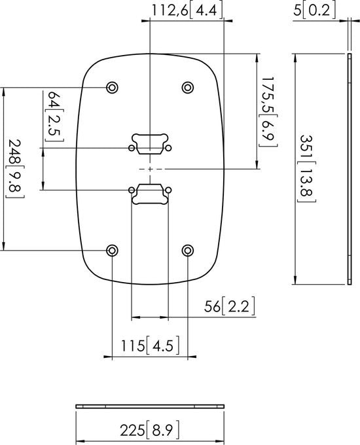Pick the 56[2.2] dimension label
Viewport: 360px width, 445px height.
tap(229, 306)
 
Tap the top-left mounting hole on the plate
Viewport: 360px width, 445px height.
tap(113, 87)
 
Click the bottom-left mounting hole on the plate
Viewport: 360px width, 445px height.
tap(113, 251)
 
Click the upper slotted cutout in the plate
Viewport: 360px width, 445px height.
tap(151, 143)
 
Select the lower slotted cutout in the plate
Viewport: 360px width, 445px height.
tap(151, 193)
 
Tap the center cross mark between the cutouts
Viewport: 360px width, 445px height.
tap(151, 169)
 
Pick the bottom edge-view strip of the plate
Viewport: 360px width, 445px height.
tap(151, 406)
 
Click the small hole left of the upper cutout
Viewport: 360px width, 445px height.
tap(132, 149)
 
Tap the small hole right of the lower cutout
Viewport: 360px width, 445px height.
tap(169, 190)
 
